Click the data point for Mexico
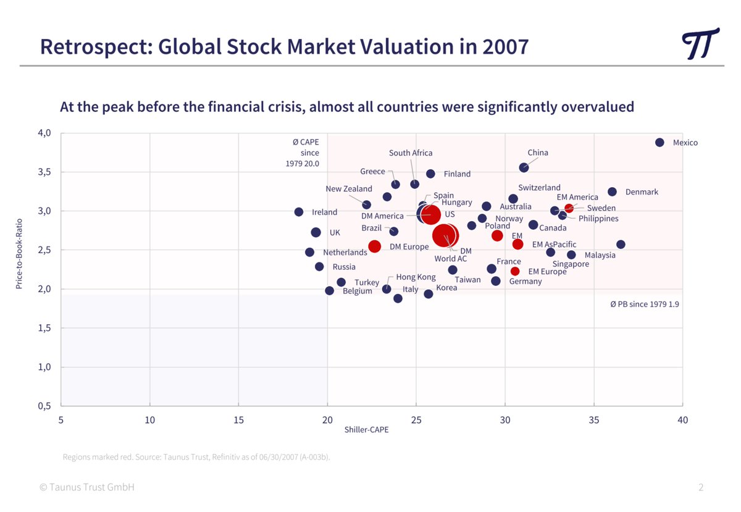tap(659, 143)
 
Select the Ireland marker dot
tap(299, 212)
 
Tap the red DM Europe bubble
tap(374, 246)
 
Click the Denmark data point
tap(612, 192)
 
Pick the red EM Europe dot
tap(515, 271)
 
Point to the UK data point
tap(316, 232)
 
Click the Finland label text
tap(457, 174)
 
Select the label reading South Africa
tap(411, 153)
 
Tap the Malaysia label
tap(600, 255)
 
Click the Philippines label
tap(598, 219)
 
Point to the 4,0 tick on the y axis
tap(44, 133)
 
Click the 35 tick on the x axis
tap(594, 420)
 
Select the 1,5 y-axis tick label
tap(44, 328)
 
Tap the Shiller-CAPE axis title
tap(366, 430)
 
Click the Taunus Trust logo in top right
tap(700, 44)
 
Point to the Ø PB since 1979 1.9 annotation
tap(644, 304)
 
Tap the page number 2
tap(701, 487)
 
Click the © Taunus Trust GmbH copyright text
tap(86, 487)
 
